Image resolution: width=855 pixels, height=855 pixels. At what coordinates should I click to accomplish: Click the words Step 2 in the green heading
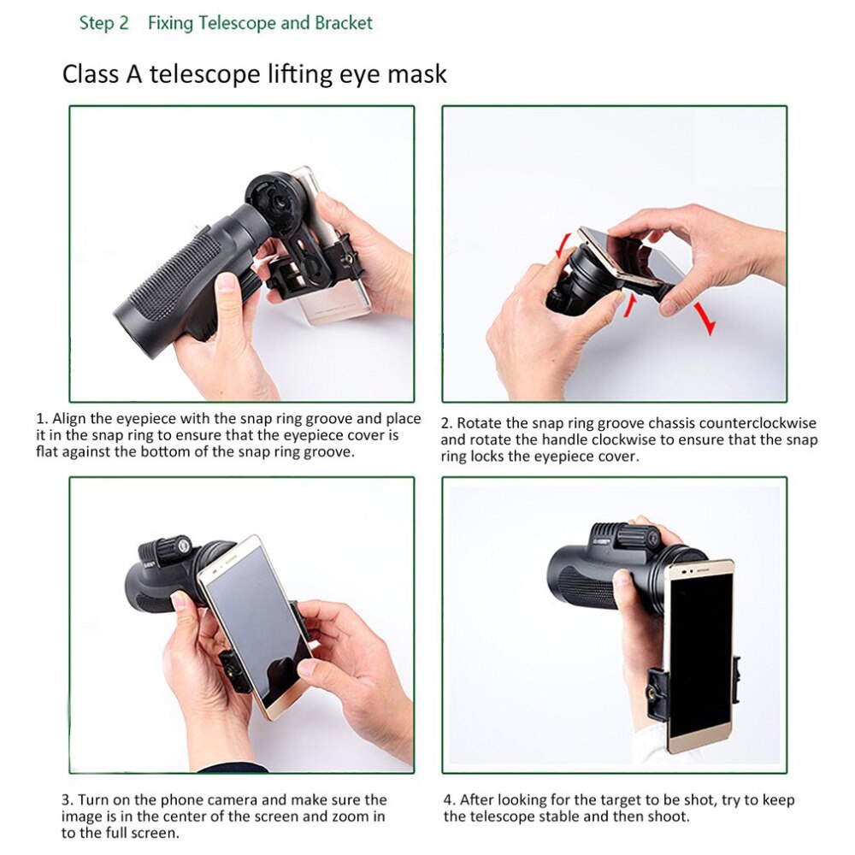pyautogui.click(x=103, y=23)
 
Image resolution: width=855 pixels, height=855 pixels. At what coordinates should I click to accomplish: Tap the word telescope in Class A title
pyautogui.click(x=195, y=74)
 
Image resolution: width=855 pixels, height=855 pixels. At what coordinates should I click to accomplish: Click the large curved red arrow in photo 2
pyautogui.click(x=704, y=315)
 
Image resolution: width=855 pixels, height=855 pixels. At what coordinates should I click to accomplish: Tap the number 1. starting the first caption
pyautogui.click(x=42, y=419)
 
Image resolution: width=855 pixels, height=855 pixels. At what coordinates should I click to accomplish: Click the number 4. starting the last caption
pyautogui.click(x=449, y=800)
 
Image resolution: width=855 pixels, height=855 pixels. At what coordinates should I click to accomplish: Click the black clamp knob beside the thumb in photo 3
pyautogui.click(x=233, y=667)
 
